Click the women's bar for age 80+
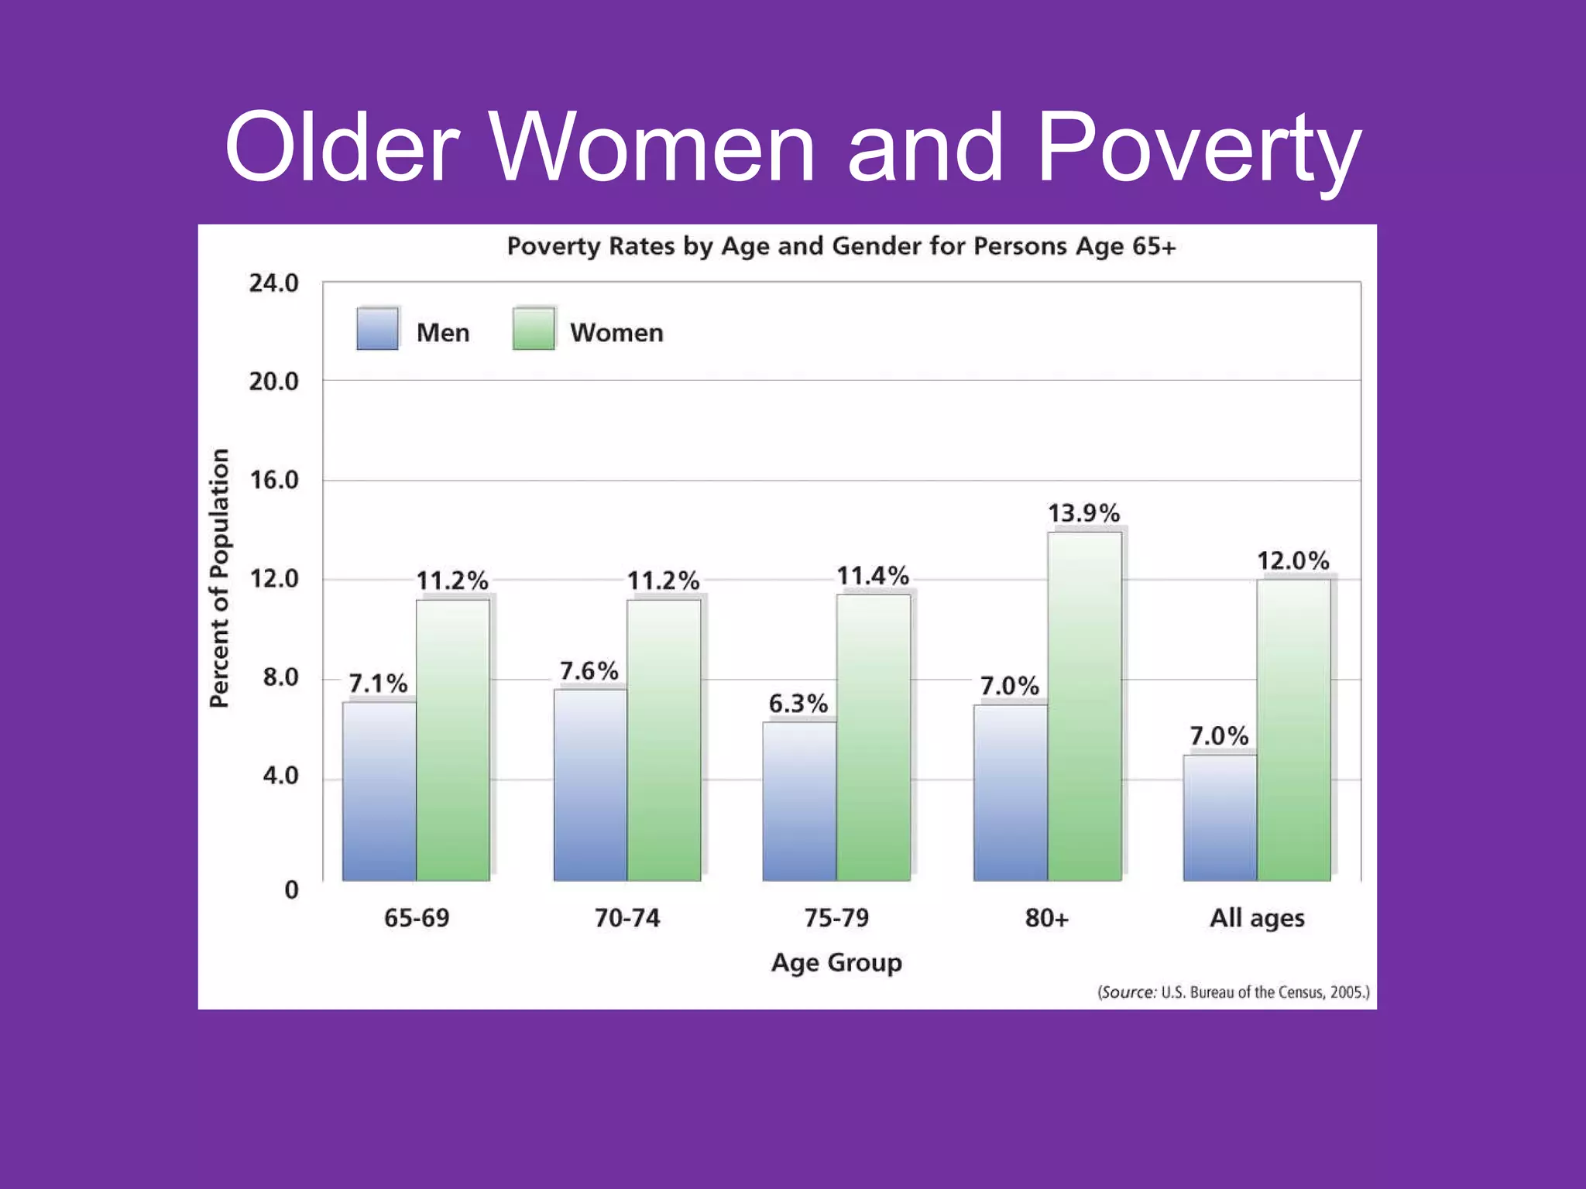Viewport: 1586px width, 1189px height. [x=1084, y=706]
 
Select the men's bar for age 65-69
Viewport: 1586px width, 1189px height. [x=379, y=791]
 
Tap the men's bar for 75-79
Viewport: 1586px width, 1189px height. [x=799, y=801]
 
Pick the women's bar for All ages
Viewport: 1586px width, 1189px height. [x=1293, y=730]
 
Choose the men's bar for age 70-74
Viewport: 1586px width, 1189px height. [x=590, y=785]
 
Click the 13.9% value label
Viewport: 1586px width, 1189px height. [x=1083, y=513]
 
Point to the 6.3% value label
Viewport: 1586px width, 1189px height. [x=798, y=704]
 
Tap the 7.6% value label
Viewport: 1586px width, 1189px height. [x=589, y=671]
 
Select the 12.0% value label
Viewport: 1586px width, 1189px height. [x=1292, y=560]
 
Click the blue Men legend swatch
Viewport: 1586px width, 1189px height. [x=378, y=329]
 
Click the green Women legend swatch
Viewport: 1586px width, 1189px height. [x=534, y=329]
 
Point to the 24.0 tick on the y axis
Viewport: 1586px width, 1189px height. [x=273, y=283]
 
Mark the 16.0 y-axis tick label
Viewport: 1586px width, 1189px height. [x=273, y=480]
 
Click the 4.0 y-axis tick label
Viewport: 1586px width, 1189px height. [x=280, y=776]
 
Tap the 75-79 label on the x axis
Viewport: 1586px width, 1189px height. [x=836, y=918]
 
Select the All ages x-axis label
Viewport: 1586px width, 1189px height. [x=1257, y=918]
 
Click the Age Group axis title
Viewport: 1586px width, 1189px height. [x=836, y=962]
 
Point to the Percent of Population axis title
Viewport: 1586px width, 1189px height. [x=220, y=577]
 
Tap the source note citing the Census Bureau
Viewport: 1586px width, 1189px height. [x=1233, y=992]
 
